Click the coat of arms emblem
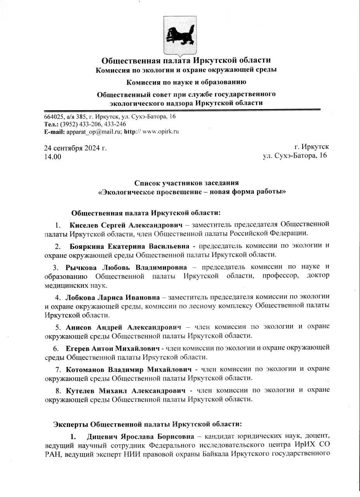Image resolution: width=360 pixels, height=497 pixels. click(x=180, y=35)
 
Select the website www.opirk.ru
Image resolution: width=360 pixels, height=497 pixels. click(x=161, y=131)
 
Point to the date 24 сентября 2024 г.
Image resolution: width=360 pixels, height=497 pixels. click(x=75, y=148)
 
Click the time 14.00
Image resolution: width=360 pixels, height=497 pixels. click(x=52, y=156)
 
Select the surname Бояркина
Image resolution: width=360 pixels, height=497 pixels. click(x=87, y=246)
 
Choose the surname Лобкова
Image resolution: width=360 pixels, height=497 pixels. click(x=81, y=297)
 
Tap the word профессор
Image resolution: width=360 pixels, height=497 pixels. click(x=275, y=276)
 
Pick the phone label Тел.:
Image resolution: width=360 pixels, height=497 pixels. click(x=52, y=124)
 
